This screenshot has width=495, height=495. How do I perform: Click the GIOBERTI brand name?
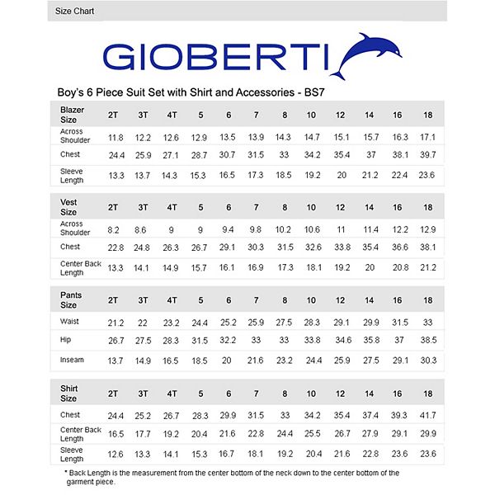point(217,58)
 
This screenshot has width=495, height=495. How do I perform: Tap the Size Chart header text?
point(74,12)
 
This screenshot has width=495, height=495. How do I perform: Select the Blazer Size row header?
point(73,114)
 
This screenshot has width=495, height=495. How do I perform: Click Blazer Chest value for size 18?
point(427,155)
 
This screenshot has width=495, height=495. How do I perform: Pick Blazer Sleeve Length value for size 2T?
point(115,175)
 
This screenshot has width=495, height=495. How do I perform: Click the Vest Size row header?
point(69,206)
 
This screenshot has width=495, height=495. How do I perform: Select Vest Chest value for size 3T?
point(143,247)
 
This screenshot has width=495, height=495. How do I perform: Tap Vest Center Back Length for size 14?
point(370,267)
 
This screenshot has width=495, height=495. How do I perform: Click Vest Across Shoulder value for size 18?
point(427,229)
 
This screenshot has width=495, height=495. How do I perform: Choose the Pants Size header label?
point(71,299)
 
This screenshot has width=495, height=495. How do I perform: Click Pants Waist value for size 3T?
point(143,323)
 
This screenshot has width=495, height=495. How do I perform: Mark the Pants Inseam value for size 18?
point(427,361)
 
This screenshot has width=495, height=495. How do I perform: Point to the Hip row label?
point(66,339)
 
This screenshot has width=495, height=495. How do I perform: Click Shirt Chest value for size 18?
point(427,415)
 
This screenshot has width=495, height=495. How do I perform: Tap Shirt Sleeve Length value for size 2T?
point(115,453)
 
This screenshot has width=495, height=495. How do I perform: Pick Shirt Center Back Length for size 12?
point(342,434)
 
